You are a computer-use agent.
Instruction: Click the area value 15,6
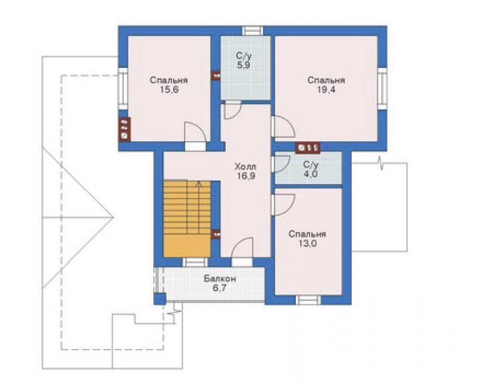(x=169, y=90)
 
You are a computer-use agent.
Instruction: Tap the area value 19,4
(x=326, y=90)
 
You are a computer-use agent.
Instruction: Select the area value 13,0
(x=307, y=243)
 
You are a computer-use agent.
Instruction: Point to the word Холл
(x=246, y=166)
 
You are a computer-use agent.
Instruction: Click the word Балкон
(x=220, y=278)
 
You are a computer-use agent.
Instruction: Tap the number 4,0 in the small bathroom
(x=310, y=174)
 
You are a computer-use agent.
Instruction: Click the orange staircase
(x=187, y=218)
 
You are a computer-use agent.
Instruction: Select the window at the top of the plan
(x=252, y=31)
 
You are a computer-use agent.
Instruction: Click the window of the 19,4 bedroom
(x=382, y=89)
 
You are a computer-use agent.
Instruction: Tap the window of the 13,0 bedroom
(x=308, y=300)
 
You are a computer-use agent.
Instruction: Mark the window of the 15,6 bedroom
(x=123, y=89)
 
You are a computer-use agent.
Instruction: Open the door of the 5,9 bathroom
(x=233, y=109)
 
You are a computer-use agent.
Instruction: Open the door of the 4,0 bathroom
(x=282, y=163)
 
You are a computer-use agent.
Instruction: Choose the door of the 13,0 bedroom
(x=283, y=204)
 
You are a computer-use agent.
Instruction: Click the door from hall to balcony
(x=242, y=252)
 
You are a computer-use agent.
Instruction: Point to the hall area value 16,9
(x=246, y=176)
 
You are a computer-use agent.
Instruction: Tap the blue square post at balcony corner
(x=160, y=298)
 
